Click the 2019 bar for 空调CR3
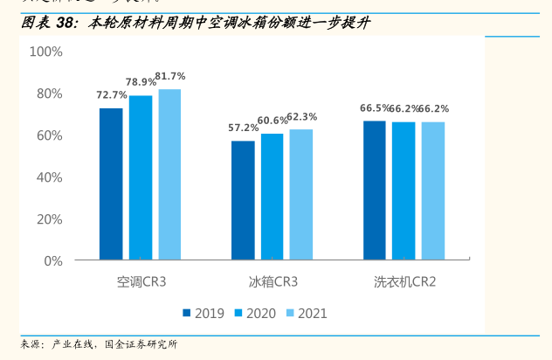coord(111,184)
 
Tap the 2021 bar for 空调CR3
coord(169,175)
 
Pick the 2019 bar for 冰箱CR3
coord(243,200)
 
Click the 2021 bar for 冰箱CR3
coord(301,195)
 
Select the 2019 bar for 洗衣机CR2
coord(375,190)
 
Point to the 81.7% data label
coord(170,76)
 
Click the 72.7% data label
coord(111,95)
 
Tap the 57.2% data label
coord(243,128)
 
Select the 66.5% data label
coord(375,108)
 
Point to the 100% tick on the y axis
coord(45,52)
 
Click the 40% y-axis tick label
coord(49,177)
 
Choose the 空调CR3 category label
coord(141,282)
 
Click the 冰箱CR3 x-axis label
coord(273,282)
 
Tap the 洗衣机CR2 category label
coord(404,282)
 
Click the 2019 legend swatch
coord(187,313)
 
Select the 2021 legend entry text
coord(313,313)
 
